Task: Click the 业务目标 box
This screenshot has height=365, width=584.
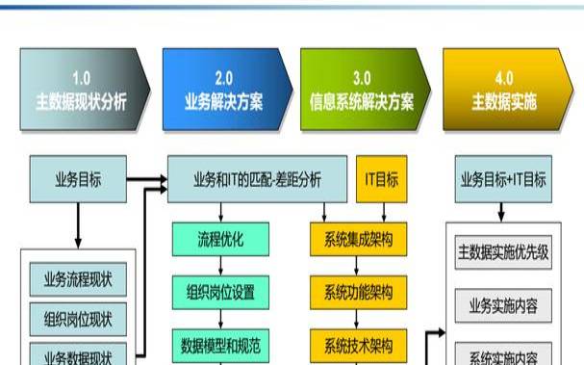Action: [x=78, y=179]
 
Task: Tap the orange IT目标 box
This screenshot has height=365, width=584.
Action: [x=381, y=179]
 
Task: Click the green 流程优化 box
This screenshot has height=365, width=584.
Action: [x=221, y=237]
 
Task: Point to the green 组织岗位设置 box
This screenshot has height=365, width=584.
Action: [x=221, y=290]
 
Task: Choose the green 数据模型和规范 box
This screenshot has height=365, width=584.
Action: [x=221, y=344]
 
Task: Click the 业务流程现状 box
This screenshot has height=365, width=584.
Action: [x=78, y=281]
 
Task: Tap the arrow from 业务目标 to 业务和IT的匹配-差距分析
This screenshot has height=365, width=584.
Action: [x=146, y=179]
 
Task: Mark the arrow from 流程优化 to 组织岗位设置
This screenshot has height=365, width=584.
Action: [x=221, y=264]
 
